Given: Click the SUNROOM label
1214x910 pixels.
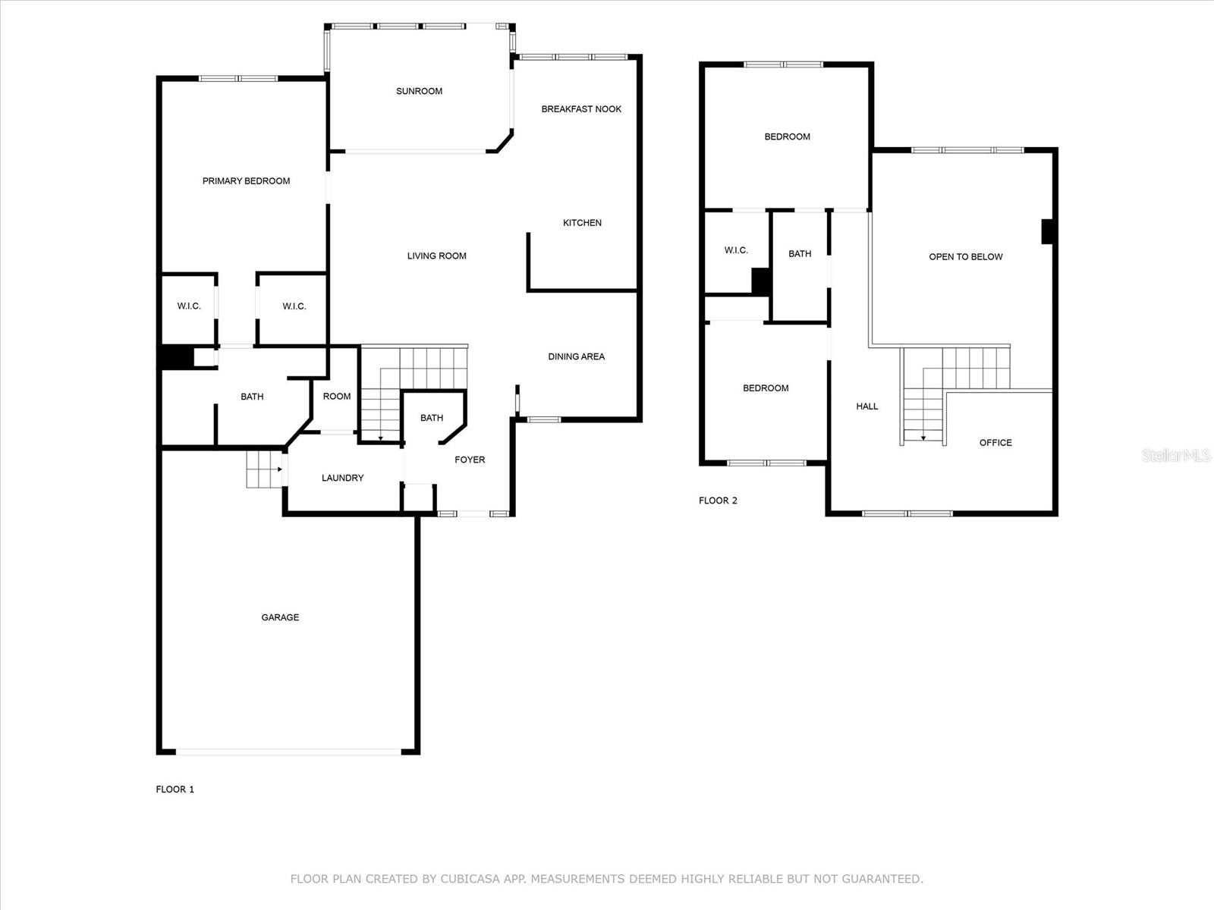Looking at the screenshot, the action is coord(419,91).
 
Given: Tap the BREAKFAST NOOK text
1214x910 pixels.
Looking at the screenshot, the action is coord(580,109).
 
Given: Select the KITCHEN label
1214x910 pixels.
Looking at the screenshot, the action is coord(582,223).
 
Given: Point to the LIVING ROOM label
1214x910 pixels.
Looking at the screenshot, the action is coord(436,256).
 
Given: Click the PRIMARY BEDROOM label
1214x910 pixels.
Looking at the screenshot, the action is coord(246,180).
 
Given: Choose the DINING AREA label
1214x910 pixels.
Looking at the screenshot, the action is coord(576,356).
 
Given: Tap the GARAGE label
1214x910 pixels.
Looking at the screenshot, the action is coord(280,617).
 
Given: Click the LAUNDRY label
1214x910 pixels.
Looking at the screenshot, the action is coord(342,478).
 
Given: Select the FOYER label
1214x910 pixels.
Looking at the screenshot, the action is coord(470,460).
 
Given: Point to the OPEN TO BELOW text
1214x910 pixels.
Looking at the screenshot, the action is coord(965,256).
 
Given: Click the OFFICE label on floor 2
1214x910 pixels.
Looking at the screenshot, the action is coord(995,443).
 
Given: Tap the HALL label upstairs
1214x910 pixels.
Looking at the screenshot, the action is coord(866,406).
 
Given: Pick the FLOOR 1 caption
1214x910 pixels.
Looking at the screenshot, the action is coord(175,789).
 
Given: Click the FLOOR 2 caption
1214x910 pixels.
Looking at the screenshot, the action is coord(717,500).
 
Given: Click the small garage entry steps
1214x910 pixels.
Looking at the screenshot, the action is coord(264,469).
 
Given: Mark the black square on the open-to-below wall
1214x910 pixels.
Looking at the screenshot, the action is coord(1047,231).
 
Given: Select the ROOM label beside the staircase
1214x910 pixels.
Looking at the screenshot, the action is coord(336,396).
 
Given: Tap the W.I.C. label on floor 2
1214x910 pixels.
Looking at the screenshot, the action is coord(735,250).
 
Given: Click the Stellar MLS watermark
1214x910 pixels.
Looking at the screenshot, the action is coord(1175,456).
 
